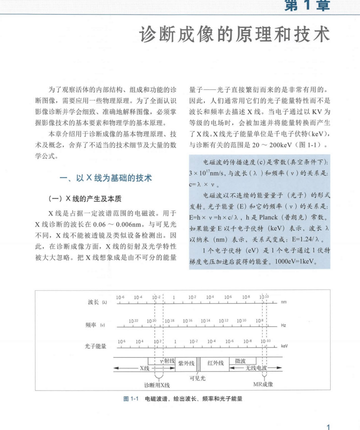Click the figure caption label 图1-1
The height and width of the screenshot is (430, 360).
131,399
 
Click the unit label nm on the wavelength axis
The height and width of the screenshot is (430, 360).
284,302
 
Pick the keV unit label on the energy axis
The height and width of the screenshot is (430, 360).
284,347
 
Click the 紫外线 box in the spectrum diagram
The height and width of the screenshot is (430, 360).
186,363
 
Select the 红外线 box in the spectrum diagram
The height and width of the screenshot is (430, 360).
216,363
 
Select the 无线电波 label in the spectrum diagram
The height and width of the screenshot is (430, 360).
255,368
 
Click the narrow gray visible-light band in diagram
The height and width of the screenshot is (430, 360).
198,363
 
